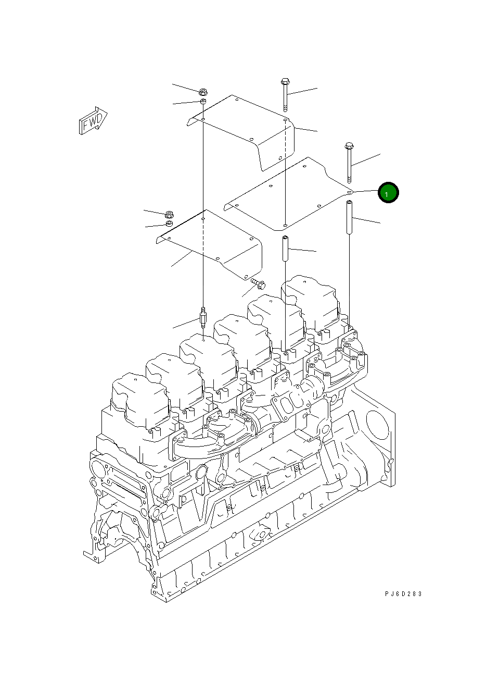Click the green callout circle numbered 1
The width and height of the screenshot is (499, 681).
[x=388, y=193]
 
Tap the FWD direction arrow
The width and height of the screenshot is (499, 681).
[x=93, y=121]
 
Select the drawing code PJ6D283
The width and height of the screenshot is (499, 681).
[x=403, y=593]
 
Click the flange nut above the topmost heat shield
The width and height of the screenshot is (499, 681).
[x=203, y=91]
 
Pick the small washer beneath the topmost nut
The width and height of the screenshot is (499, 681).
[x=204, y=101]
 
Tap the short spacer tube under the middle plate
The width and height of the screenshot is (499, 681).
[x=285, y=250]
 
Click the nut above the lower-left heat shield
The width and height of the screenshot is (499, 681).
[x=169, y=214]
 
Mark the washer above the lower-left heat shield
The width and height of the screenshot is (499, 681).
[x=169, y=224]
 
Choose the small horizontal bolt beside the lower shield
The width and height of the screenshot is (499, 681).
[x=258, y=283]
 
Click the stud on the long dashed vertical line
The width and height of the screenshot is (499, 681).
[x=203, y=317]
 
